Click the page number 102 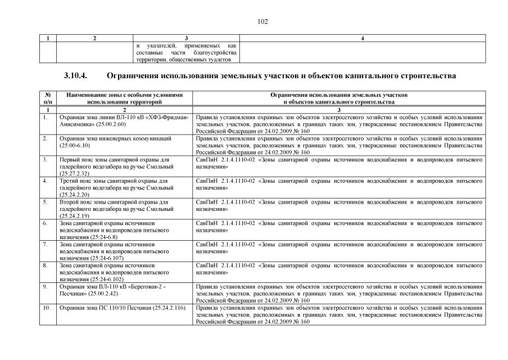pos(263,22)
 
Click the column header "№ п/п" pos(47,98)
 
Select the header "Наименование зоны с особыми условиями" pos(124,95)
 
